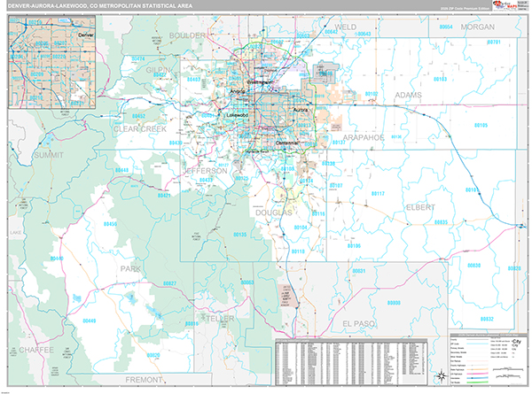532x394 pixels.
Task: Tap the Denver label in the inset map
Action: pos(85,34)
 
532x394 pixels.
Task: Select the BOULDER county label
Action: pos(187,35)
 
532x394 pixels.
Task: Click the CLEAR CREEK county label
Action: pos(140,128)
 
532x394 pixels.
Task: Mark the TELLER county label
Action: pos(216,316)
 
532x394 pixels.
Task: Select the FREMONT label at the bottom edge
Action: pos(145,379)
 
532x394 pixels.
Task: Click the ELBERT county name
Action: pos(419,207)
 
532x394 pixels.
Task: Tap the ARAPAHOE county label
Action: pos(360,137)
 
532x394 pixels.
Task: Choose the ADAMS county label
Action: pos(409,93)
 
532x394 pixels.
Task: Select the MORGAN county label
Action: pos(477,27)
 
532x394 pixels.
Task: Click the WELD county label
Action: pos(345,27)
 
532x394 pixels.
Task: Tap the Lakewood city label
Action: pos(237,115)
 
